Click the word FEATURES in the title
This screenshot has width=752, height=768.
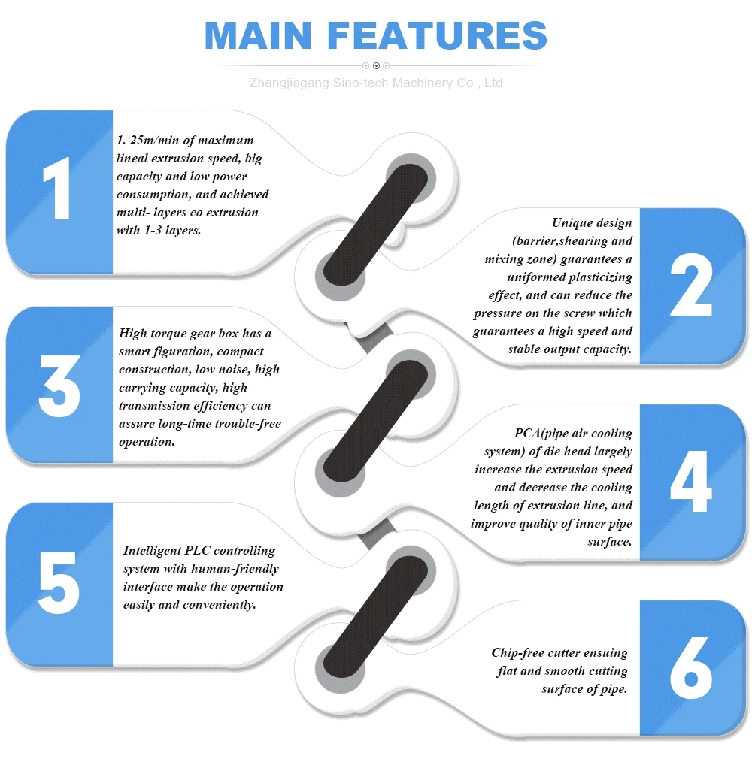pos(438,36)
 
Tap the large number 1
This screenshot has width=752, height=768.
pos(58,191)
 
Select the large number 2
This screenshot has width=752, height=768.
pos(691,288)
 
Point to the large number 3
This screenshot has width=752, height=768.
pos(59,386)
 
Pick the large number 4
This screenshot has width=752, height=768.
pos(691,482)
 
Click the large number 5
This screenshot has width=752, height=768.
pos(59,582)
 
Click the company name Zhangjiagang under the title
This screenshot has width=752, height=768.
pos(290,83)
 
